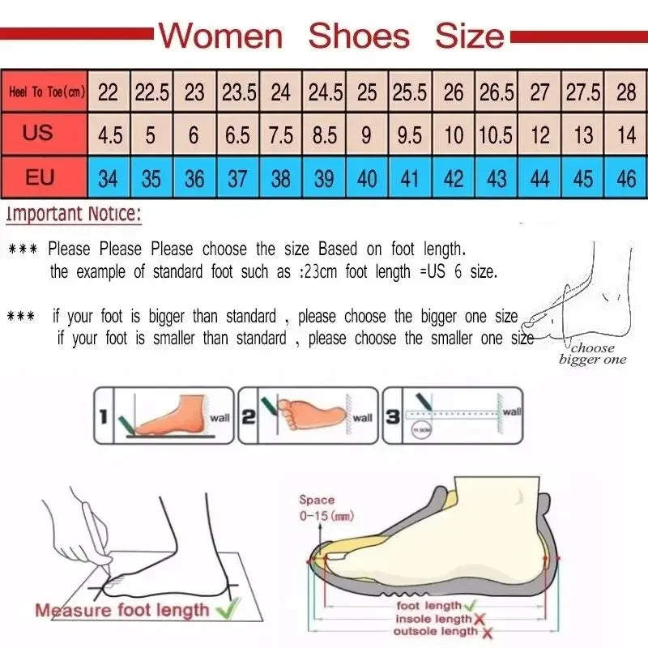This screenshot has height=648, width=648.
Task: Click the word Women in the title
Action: (220, 36)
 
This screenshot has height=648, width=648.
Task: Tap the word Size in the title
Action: (469, 36)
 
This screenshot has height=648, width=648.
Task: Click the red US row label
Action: (37, 133)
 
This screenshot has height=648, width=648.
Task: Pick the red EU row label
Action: (39, 177)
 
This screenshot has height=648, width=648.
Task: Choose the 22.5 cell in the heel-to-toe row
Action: (151, 92)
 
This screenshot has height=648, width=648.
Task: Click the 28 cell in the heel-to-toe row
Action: (626, 92)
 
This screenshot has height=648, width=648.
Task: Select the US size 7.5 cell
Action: (280, 134)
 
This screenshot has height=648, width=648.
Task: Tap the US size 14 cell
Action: (626, 134)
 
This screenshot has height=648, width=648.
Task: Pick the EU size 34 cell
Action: (108, 177)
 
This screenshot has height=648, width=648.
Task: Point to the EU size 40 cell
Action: (367, 177)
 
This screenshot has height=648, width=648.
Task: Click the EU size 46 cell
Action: (626, 177)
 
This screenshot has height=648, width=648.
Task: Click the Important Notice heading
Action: (74, 215)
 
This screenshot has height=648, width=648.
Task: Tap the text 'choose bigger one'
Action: (592, 353)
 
